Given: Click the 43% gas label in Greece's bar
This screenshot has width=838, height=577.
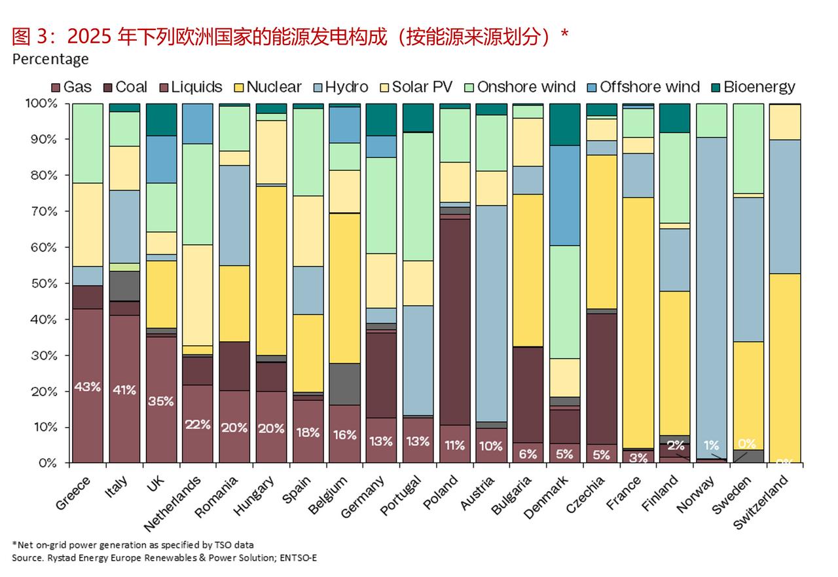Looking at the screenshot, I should point(88,386).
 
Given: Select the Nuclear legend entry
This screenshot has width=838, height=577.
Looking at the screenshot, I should point(266,87).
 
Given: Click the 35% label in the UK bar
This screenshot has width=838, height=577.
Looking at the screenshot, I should point(161,401).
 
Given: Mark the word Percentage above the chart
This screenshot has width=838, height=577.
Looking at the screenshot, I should point(50,59).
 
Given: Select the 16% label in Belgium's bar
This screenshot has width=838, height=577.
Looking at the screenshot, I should point(344,435).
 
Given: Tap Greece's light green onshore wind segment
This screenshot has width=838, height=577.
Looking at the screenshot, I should point(88,143).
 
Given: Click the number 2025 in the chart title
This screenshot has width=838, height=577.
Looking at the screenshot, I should point(91,37).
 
